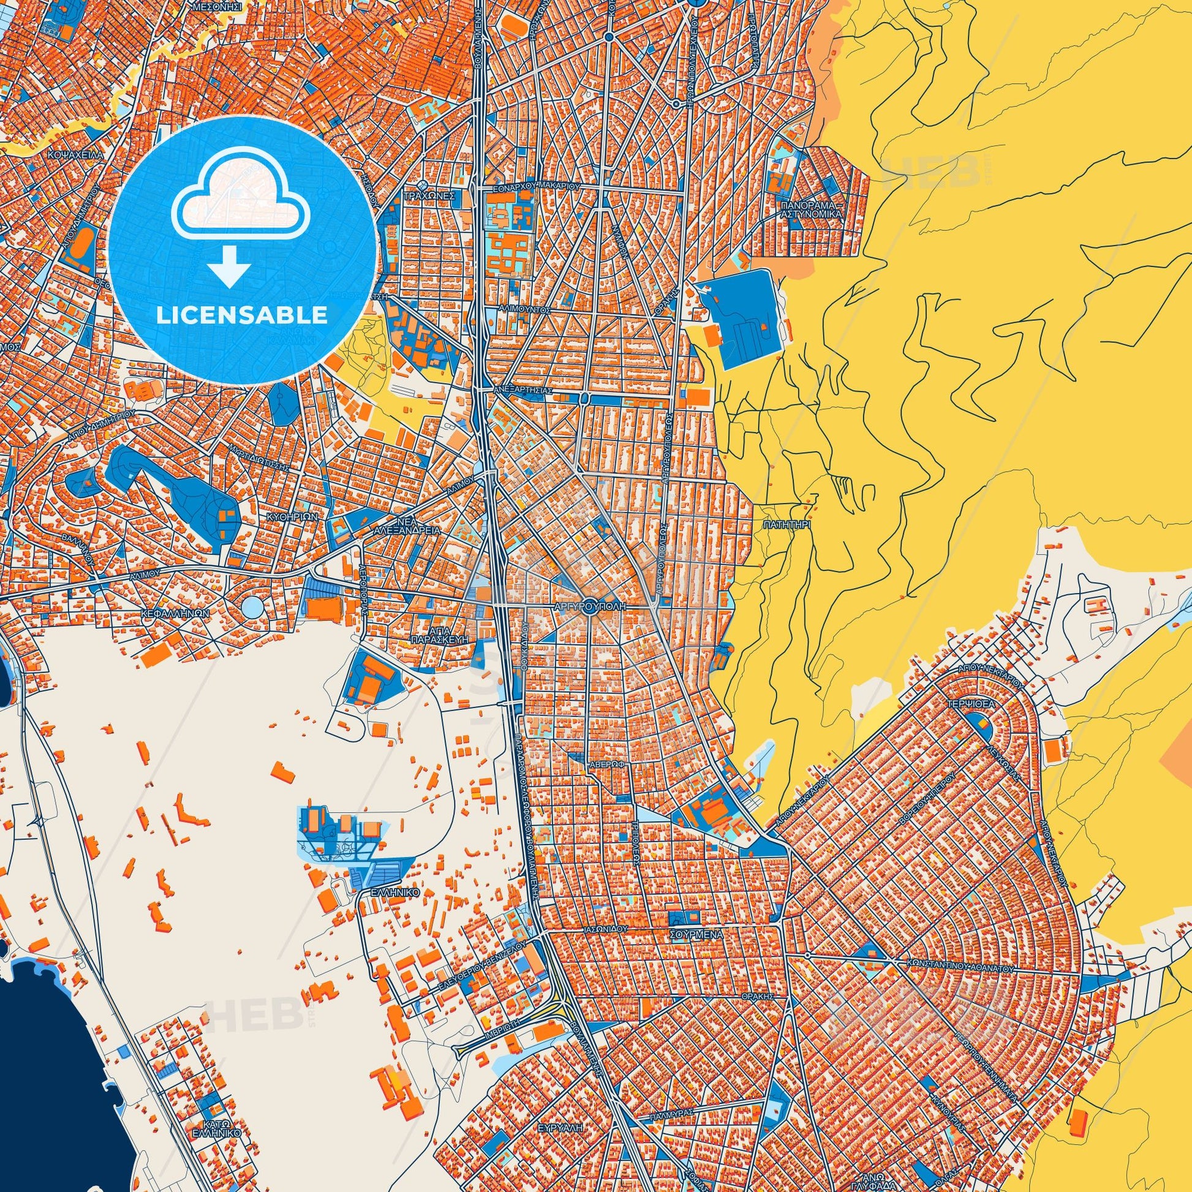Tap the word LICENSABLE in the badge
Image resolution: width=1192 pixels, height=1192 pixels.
[x=242, y=315]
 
